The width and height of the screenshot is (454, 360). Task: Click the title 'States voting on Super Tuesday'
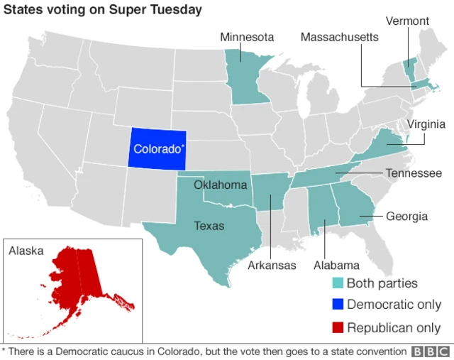tap(103, 11)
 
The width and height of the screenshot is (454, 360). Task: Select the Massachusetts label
tap(339, 37)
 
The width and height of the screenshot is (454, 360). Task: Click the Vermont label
tap(406, 21)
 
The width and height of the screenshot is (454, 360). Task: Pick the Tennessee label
tap(414, 173)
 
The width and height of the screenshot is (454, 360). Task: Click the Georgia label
tap(406, 217)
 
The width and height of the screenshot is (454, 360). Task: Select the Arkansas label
tap(272, 266)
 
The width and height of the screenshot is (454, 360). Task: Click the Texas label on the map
tap(209, 227)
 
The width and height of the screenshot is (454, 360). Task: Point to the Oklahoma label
tap(220, 185)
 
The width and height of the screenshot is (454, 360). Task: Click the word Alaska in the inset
tap(26, 251)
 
